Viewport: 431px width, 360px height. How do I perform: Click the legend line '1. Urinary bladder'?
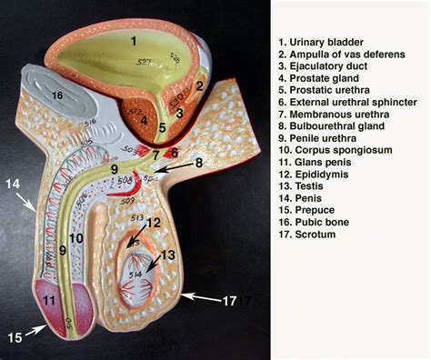pyautogui.click(x=324, y=41)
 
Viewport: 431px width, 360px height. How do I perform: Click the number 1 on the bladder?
pyautogui.click(x=133, y=40)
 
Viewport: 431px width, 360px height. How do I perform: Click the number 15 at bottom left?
pyautogui.click(x=15, y=337)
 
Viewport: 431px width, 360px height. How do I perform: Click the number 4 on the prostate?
pyautogui.click(x=144, y=118)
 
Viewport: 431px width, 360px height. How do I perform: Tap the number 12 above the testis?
pyautogui.click(x=155, y=222)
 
